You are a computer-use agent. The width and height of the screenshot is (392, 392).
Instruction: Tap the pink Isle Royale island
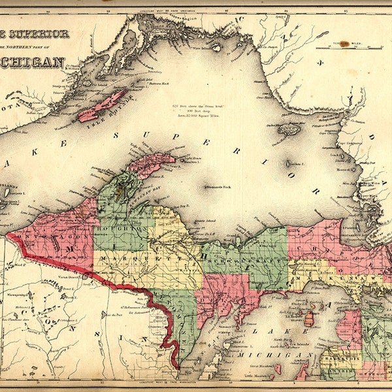[102, 105]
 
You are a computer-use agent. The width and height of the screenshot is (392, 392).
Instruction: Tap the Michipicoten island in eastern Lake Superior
[289, 129]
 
